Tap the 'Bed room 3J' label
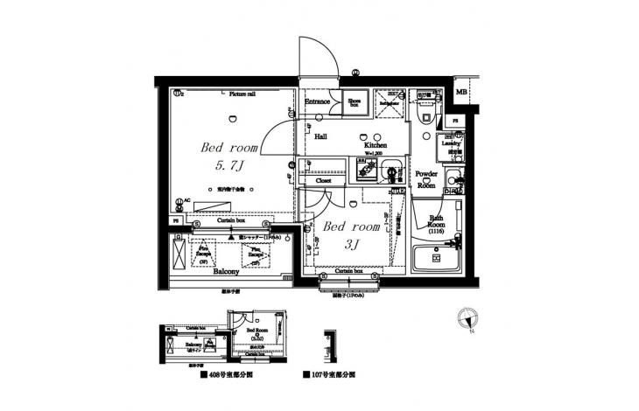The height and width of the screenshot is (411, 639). point(351,234)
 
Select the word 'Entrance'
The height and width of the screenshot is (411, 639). point(317,101)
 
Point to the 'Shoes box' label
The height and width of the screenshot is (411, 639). point(355,101)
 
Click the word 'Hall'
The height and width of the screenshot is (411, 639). point(321,136)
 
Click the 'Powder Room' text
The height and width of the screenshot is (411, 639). point(426,179)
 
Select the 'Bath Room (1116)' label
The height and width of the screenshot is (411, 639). point(435,223)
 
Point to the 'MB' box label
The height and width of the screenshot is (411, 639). point(461,92)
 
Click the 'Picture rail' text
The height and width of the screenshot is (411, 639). point(242,93)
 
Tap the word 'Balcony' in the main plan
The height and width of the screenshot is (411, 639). point(227,272)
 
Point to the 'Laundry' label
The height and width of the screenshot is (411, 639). point(455,141)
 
